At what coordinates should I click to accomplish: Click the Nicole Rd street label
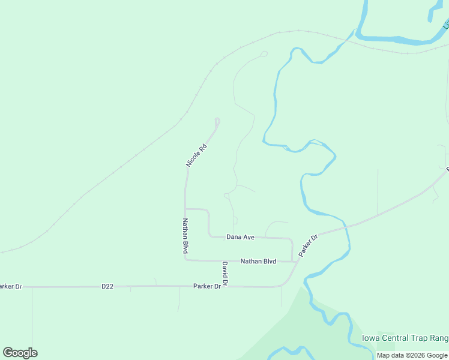point(196,155)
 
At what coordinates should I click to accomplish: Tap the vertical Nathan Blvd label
point(185,235)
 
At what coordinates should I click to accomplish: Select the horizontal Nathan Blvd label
point(258,262)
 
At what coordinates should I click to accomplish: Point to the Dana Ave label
point(240,237)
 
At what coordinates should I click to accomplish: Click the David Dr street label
point(224,273)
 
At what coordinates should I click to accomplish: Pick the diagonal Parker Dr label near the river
point(307,246)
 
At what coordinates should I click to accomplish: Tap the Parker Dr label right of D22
point(208,286)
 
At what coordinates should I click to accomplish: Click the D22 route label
point(107,287)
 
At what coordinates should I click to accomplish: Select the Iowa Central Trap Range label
point(405,338)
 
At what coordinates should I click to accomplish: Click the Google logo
point(20,353)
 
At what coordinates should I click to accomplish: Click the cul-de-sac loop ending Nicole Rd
point(217,122)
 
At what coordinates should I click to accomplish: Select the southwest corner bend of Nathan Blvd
point(186,260)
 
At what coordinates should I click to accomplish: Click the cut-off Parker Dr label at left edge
point(11,287)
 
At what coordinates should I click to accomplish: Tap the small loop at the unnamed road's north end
point(264,54)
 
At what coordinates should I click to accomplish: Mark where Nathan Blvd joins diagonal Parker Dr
point(298,261)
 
